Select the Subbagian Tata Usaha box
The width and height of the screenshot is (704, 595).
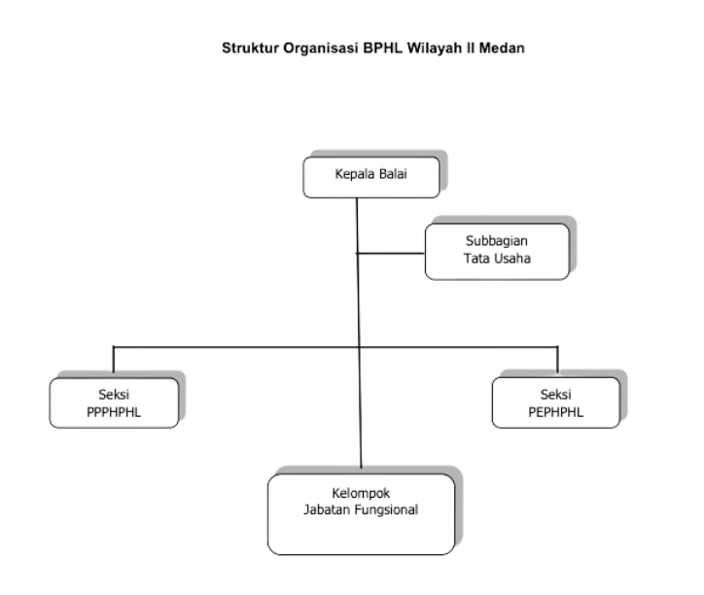coord(497,251)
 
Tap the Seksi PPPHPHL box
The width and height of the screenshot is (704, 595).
coord(114,402)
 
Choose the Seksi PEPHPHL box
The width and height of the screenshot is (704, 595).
coord(557,402)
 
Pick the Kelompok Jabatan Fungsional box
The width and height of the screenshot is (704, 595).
coord(361,513)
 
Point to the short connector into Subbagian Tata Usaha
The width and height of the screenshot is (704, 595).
coord(391,254)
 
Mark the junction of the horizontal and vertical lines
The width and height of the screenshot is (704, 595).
coord(359,346)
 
